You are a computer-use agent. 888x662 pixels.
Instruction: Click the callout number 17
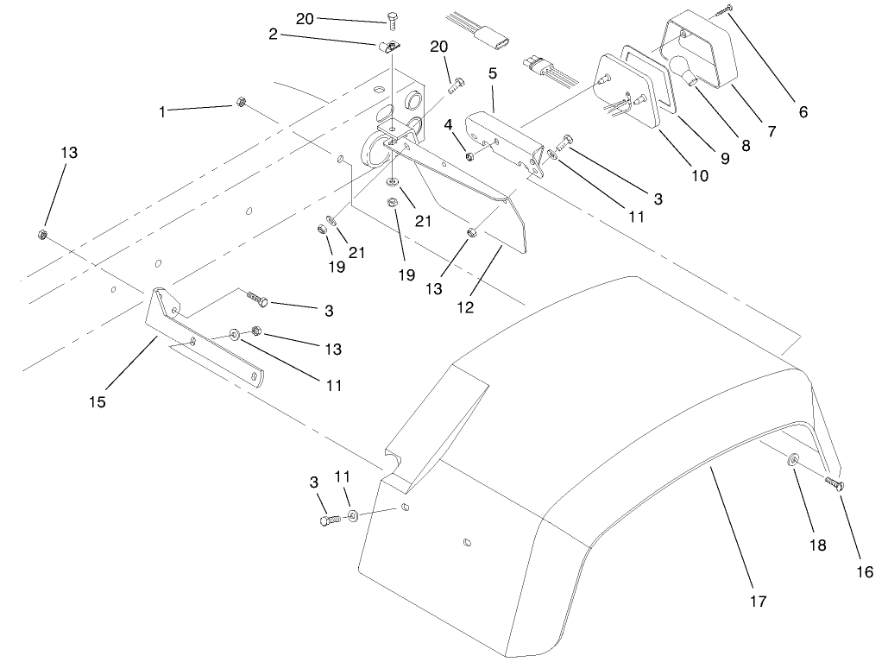coord(758,601)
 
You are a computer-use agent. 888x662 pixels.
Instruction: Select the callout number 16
coord(864,571)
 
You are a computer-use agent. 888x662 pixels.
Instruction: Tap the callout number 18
coord(817,545)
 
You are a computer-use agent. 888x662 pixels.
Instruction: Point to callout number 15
coord(98,400)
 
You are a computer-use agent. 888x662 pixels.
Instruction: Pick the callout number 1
coord(161,111)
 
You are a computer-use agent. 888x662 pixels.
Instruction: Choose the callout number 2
coord(273,34)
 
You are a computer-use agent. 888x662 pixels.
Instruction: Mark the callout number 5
coord(492,73)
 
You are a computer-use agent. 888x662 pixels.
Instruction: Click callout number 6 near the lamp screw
coord(803,111)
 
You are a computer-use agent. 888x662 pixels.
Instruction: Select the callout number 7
coord(771,132)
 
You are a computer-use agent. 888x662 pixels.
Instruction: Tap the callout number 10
coord(699,175)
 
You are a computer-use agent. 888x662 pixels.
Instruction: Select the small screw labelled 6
coord(723,11)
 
